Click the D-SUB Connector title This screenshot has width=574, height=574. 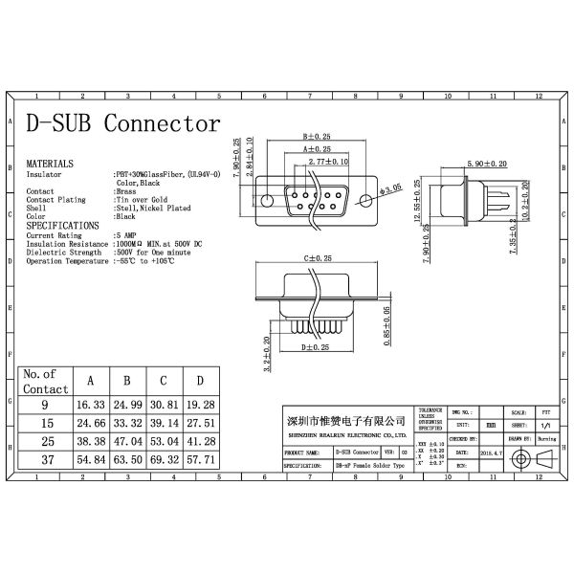(x=122, y=124)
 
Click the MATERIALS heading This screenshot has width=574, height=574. (x=50, y=165)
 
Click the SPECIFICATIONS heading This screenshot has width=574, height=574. (x=63, y=226)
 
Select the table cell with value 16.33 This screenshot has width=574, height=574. (x=91, y=406)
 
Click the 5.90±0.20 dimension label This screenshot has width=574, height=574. (x=487, y=164)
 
